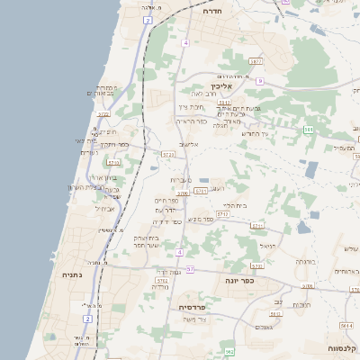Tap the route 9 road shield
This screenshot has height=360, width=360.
pyautogui.click(x=258, y=81)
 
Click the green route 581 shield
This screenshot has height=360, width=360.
pyautogui.click(x=309, y=130)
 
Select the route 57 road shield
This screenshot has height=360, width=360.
pyautogui.click(x=190, y=269)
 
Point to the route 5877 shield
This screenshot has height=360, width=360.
pyautogui.click(x=256, y=61)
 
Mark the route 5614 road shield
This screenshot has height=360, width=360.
pyautogui.click(x=346, y=325)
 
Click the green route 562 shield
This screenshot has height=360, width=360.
pyautogui.click(x=229, y=351)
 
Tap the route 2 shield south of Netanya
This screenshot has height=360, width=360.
pyautogui.click(x=88, y=319)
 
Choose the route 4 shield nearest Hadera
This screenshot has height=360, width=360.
pyautogui.click(x=184, y=42)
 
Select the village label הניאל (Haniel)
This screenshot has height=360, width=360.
pyautogui.click(x=267, y=245)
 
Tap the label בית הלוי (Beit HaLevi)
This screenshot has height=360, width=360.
pyautogui.click(x=234, y=204)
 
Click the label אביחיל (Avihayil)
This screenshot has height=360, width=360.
pyautogui.click(x=106, y=209)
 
